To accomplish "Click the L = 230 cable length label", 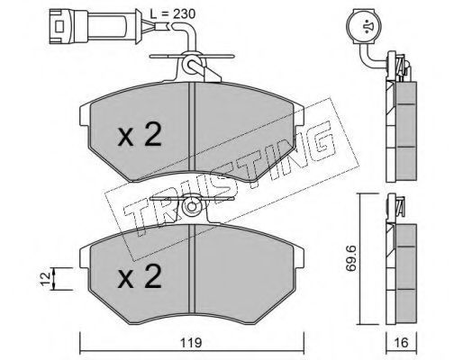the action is pyautogui.click(x=172, y=13).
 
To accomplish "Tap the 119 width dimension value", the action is pyautogui.click(x=191, y=343).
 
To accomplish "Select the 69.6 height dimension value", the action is pyautogui.click(x=350, y=258).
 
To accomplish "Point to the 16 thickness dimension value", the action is pyautogui.click(x=402, y=343).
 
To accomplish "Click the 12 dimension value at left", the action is pyautogui.click(x=46, y=279).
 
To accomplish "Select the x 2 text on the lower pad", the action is pyautogui.click(x=140, y=276).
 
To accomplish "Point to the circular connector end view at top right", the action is pyautogui.click(x=364, y=26).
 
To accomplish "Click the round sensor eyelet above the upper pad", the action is pyautogui.click(x=191, y=63).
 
